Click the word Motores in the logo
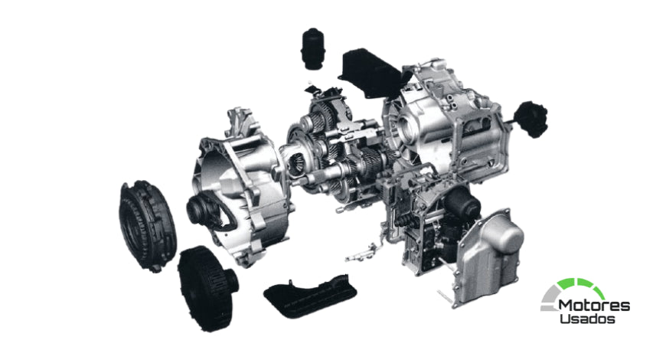594,306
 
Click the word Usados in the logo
587,319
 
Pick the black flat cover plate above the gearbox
370,72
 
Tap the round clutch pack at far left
148,225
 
